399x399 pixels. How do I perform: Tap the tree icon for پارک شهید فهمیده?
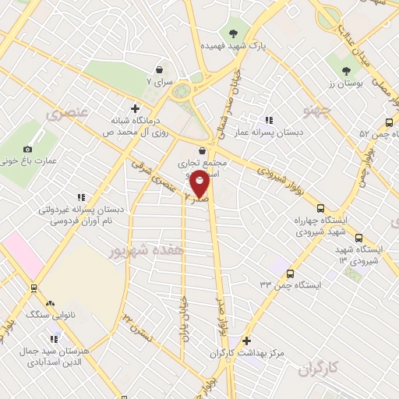[233, 33]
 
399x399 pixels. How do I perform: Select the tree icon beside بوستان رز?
[339, 60]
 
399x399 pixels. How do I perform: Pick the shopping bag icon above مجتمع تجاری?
[203, 150]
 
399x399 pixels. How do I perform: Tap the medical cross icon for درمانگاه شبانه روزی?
[136, 108]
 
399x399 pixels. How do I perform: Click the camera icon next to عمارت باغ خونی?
[28, 149]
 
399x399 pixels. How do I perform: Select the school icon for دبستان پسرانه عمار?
[270, 120]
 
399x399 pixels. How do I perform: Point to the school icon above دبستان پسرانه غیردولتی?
[80, 198]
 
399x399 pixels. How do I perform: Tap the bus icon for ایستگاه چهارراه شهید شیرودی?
[320, 208]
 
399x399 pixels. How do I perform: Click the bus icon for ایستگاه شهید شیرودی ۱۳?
[358, 238]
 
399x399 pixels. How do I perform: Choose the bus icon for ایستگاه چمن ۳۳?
[290, 274]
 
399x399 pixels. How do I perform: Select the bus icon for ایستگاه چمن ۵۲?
[389, 122]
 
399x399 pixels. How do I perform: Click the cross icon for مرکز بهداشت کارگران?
[246, 341]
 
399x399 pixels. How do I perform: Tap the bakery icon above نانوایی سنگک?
[51, 302]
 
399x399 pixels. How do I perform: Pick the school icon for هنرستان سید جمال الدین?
[54, 339]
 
